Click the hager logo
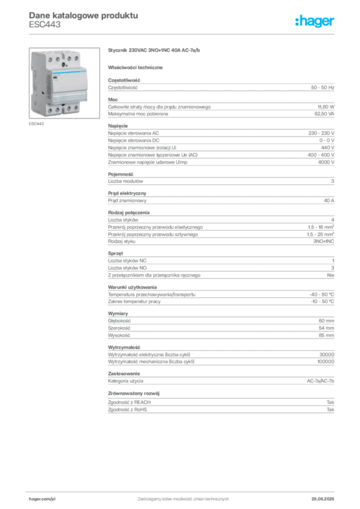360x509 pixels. (x=315, y=21)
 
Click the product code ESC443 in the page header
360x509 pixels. (x=44, y=25)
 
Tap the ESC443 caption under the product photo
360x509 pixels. (x=36, y=124)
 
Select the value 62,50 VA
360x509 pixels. (x=324, y=114)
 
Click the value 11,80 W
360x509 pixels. (x=326, y=107)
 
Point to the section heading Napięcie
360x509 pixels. (x=118, y=126)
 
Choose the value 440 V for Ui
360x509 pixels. (x=328, y=148)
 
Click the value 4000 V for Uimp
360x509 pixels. (x=326, y=162)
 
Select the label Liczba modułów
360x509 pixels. (x=125, y=181)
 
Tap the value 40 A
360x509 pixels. (x=329, y=201)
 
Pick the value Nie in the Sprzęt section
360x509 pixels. (x=331, y=275)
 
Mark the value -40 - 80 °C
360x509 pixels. (x=322, y=294)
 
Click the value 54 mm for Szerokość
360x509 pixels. (x=326, y=328)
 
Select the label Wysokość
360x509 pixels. (x=119, y=336)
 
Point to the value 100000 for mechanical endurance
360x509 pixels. (x=326, y=362)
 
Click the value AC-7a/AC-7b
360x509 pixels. (x=320, y=381)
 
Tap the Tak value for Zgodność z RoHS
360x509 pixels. (x=331, y=410)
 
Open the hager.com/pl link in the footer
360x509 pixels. (x=42, y=499)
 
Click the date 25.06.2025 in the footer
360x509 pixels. (x=323, y=499)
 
